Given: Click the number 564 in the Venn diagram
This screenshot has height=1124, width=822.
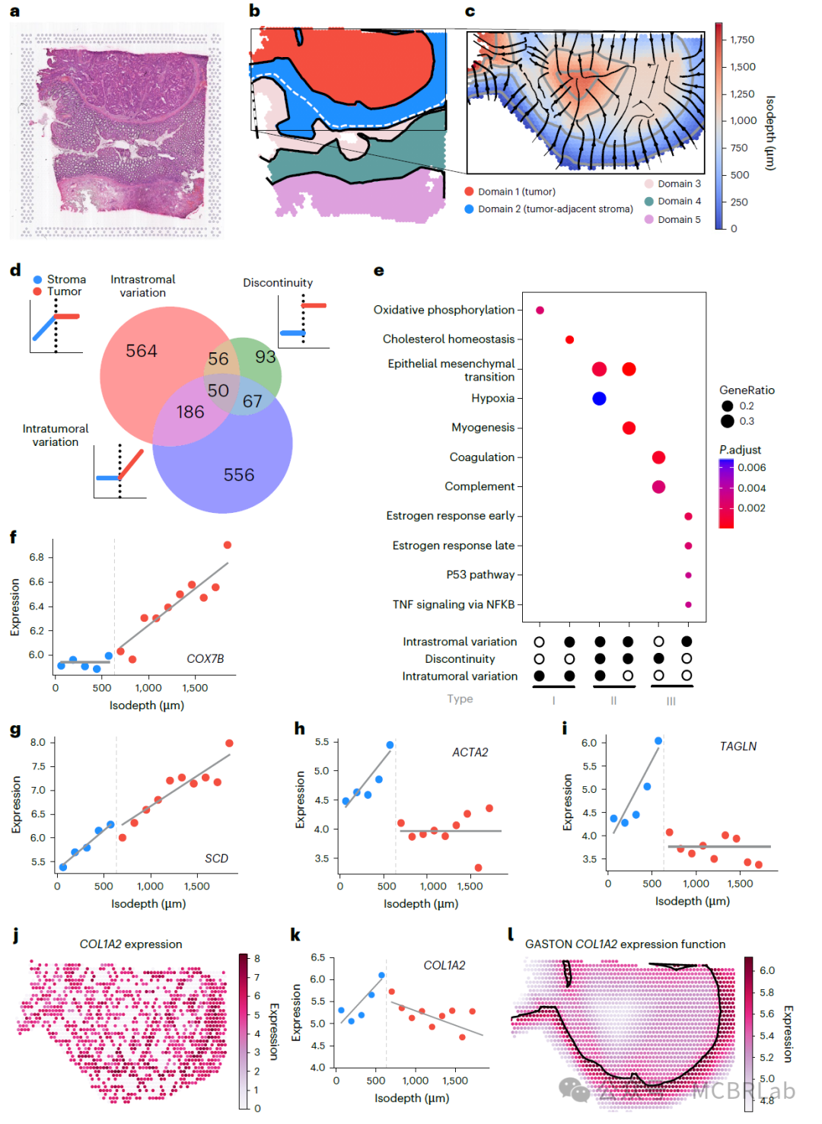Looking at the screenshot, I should pyautogui.click(x=142, y=351).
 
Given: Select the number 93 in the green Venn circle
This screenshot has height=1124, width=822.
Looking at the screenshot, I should pyautogui.click(x=266, y=356).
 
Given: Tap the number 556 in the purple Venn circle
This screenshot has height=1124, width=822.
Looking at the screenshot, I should pyautogui.click(x=239, y=475).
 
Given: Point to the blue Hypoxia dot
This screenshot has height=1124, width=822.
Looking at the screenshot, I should pyautogui.click(x=599, y=398).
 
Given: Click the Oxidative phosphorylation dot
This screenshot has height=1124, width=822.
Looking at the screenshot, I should pyautogui.click(x=540, y=310).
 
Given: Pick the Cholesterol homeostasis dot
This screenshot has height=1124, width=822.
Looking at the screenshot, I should pyautogui.click(x=569, y=339).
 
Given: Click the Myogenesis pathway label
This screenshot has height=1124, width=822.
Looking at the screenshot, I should pyautogui.click(x=483, y=428).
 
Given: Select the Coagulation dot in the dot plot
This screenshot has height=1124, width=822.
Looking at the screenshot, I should pyautogui.click(x=658, y=457).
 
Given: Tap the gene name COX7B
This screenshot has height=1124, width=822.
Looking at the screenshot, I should pyautogui.click(x=205, y=659).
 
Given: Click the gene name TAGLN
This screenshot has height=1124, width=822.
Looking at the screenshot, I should pyautogui.click(x=738, y=747).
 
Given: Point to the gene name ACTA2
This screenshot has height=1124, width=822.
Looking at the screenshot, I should pyautogui.click(x=470, y=753).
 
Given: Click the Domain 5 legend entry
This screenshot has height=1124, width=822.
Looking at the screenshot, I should pyautogui.click(x=679, y=219).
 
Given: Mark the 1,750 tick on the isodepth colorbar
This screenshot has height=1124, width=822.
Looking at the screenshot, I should pyautogui.click(x=742, y=40).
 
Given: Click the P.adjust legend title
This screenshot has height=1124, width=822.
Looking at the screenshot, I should pyautogui.click(x=740, y=450).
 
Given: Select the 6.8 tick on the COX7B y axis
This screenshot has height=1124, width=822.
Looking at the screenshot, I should pyautogui.click(x=37, y=557).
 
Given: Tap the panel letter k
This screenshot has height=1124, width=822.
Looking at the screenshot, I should pyautogui.click(x=295, y=935).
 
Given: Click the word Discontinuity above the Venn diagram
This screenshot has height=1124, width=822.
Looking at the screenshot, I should pyautogui.click(x=278, y=282).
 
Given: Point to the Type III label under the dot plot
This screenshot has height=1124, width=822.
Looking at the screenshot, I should pyautogui.click(x=671, y=701).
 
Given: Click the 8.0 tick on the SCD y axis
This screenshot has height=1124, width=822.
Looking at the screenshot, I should pyautogui.click(x=38, y=742).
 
